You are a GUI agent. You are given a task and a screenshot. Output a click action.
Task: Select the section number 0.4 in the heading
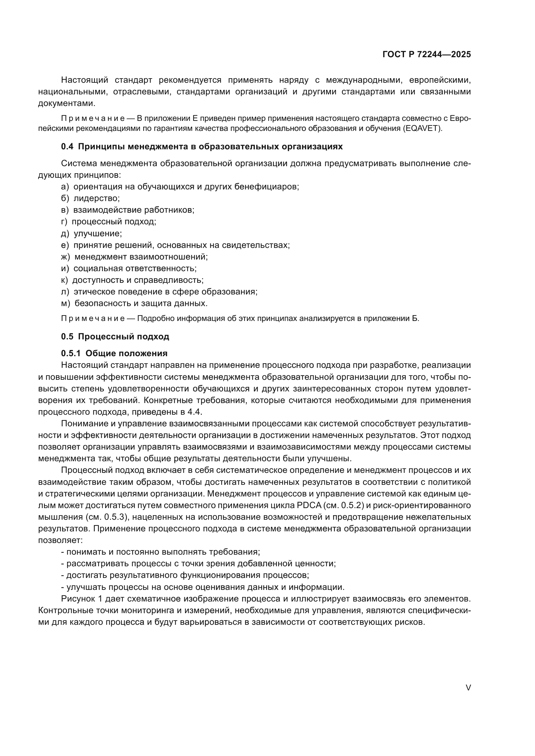(67, 147)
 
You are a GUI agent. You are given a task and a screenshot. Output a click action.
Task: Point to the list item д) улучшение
(92, 234)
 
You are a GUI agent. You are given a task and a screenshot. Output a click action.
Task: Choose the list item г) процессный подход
(108, 222)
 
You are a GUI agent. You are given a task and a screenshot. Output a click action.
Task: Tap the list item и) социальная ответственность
(129, 269)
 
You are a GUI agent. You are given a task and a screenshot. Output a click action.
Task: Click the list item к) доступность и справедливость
(132, 281)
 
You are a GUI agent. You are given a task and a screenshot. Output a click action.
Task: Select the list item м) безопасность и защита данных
(135, 303)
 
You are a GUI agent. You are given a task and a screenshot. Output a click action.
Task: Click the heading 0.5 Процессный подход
(115, 337)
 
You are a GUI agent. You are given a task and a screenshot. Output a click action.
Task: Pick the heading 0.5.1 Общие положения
(114, 354)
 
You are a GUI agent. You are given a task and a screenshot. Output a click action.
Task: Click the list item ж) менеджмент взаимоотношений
(135, 257)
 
